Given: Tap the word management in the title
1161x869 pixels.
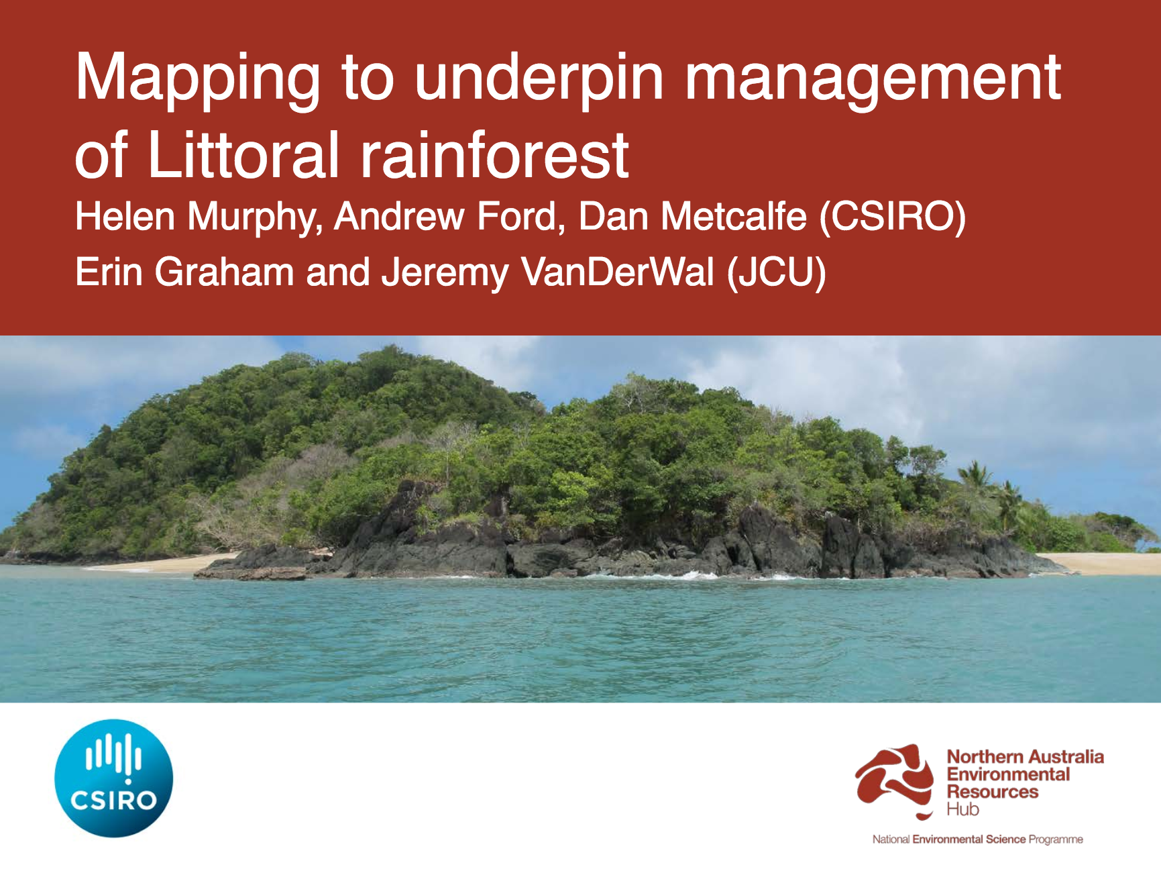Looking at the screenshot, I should tap(872, 79).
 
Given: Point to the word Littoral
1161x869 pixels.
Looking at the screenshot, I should tap(243, 156).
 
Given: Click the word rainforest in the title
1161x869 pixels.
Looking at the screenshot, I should tap(495, 156).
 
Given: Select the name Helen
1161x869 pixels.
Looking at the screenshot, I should tap(125, 217).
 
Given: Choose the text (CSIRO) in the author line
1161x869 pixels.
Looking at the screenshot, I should tap(893, 217).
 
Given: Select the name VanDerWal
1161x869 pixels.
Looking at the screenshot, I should tap(617, 272).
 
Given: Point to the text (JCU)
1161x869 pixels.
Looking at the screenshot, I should tap(777, 273).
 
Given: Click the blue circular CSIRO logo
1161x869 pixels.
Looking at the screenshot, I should tap(114, 778).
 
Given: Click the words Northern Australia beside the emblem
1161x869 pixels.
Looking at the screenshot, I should tap(1025, 757).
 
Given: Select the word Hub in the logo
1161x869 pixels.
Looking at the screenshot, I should tap(962, 810).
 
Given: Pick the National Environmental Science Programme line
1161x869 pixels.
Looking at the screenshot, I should tap(977, 839).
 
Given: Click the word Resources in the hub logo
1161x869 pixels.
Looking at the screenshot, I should tap(992, 792).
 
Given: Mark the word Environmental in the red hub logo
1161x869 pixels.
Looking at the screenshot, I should tap(1008, 774).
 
